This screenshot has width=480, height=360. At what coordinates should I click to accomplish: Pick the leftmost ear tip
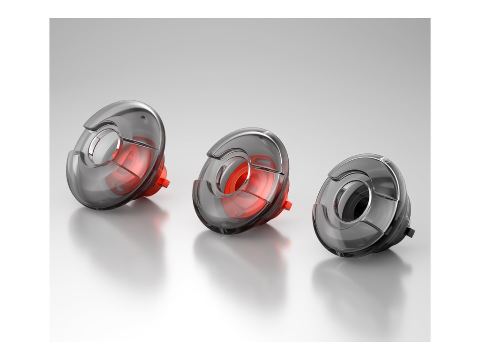click(x=115, y=155)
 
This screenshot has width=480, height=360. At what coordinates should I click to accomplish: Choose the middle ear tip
click(x=240, y=180)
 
